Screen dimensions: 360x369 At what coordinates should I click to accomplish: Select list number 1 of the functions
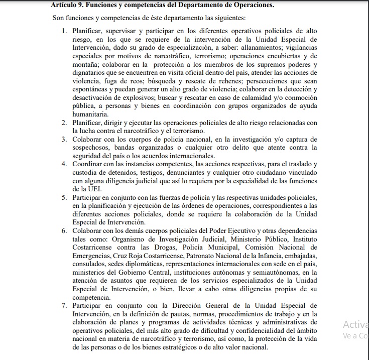pyautogui.click(x=65, y=31)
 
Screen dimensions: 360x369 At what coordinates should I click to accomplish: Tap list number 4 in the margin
pyautogui.click(x=65, y=164)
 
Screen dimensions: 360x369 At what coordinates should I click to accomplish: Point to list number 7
pyautogui.click(x=65, y=305)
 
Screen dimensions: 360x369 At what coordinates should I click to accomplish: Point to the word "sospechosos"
pyautogui.click(x=93, y=148)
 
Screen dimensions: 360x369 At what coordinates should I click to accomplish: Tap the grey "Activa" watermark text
pyautogui.click(x=355, y=324)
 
